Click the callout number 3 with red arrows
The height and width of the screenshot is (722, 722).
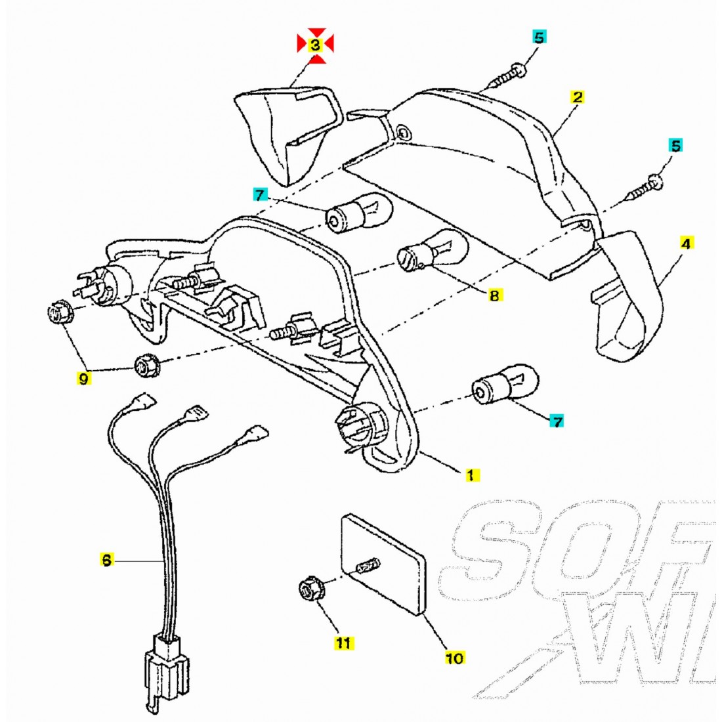pos(315,45)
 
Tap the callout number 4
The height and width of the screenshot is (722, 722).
pos(686,244)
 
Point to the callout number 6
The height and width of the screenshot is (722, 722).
pos(106,560)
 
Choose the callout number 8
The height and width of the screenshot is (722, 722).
pos(494,295)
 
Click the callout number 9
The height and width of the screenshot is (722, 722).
pos(83,378)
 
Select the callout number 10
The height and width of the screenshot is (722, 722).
pos(454,657)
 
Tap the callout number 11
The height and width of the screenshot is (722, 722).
pos(343,643)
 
